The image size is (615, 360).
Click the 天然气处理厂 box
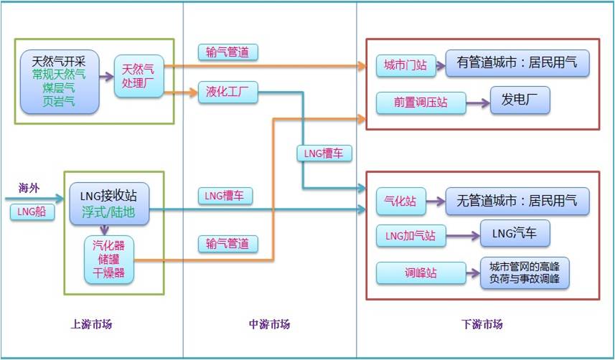139,75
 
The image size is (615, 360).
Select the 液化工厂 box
227,93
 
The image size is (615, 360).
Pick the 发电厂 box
520,100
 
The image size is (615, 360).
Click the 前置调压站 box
421,103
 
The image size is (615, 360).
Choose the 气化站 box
400,202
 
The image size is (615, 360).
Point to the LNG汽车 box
515,234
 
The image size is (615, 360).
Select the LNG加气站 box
410,235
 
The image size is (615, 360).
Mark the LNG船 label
32,212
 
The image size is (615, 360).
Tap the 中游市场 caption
269,325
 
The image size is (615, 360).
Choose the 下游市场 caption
482,325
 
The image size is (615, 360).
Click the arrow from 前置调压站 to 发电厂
477,103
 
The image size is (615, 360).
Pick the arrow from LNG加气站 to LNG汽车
463,235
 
